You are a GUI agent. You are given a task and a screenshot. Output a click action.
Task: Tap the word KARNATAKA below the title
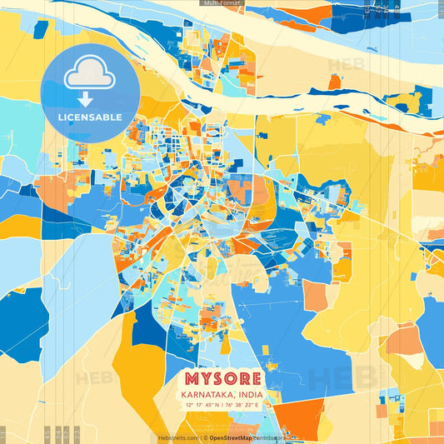(x=203, y=394)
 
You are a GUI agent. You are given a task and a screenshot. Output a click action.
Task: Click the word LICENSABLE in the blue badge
(x=90, y=117)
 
